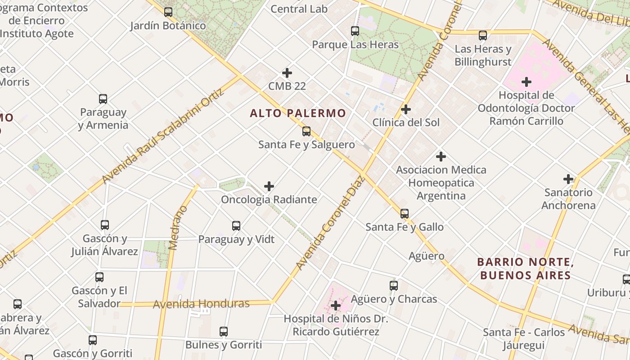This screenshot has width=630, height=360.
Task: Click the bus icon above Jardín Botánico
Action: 168,12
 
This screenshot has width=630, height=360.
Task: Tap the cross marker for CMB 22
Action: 287,73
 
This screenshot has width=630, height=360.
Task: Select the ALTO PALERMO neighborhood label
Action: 298,113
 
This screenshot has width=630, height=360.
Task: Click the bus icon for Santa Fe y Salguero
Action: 306,131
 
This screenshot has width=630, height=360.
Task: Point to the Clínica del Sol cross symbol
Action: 406,109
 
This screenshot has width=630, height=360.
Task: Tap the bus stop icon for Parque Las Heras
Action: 355,31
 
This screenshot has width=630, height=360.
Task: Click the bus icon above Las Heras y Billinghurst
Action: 483,35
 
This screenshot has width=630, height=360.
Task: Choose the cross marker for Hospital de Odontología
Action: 526,82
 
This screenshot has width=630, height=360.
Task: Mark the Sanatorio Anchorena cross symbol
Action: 568,179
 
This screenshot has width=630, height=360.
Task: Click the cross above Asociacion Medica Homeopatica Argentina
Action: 441,157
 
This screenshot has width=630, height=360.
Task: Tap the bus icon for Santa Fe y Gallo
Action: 405,214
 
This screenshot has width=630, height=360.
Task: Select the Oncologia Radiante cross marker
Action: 269,186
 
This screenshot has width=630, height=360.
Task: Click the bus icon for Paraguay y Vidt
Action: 236,226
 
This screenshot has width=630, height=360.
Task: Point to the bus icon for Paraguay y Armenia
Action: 103,99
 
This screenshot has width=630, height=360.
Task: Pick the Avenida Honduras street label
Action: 201,304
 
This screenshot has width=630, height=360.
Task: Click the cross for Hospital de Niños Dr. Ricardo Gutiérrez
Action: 335,306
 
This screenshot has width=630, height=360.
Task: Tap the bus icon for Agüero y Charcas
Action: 394,285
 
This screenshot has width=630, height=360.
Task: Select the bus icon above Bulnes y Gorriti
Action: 224,332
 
